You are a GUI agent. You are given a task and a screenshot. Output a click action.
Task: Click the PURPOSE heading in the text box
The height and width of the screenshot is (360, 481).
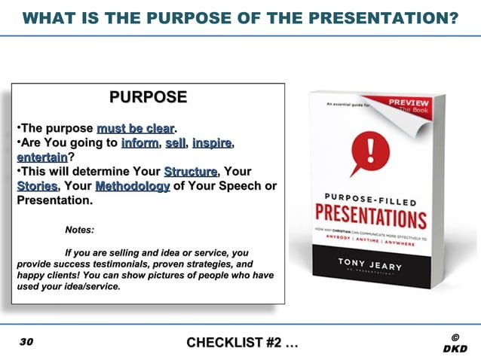148,96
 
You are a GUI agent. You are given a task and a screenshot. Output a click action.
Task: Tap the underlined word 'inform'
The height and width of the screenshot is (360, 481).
139,143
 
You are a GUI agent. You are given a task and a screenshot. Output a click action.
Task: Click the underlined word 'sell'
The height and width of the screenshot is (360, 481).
176,143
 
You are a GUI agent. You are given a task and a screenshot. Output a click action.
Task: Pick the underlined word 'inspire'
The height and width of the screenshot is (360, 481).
212,143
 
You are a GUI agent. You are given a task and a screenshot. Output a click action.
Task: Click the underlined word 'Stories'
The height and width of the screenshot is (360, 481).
37,186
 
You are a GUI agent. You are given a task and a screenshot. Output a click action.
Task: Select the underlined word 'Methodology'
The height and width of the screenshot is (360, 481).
132,186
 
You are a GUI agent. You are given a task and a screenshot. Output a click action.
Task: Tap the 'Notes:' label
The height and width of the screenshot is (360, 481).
80,230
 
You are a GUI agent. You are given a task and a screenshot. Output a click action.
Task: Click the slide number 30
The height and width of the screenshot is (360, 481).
26,343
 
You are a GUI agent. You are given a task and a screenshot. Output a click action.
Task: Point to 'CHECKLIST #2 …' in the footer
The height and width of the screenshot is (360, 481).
242,343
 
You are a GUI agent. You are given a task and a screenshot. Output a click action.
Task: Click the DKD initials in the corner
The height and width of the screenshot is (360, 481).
455,349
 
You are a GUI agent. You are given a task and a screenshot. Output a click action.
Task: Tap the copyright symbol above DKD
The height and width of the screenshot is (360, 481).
455,337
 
